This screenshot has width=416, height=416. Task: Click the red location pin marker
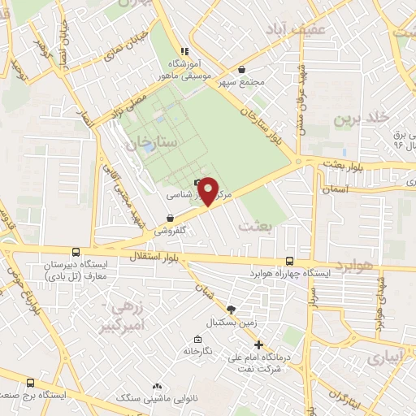208,190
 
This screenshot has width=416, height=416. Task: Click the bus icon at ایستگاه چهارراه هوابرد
290,261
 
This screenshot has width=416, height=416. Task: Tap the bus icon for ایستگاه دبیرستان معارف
76,253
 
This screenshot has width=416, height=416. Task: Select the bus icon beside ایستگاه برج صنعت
31,383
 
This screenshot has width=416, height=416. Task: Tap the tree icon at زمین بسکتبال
232,309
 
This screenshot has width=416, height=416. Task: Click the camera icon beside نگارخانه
197,338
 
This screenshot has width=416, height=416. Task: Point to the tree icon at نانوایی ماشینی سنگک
158,387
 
